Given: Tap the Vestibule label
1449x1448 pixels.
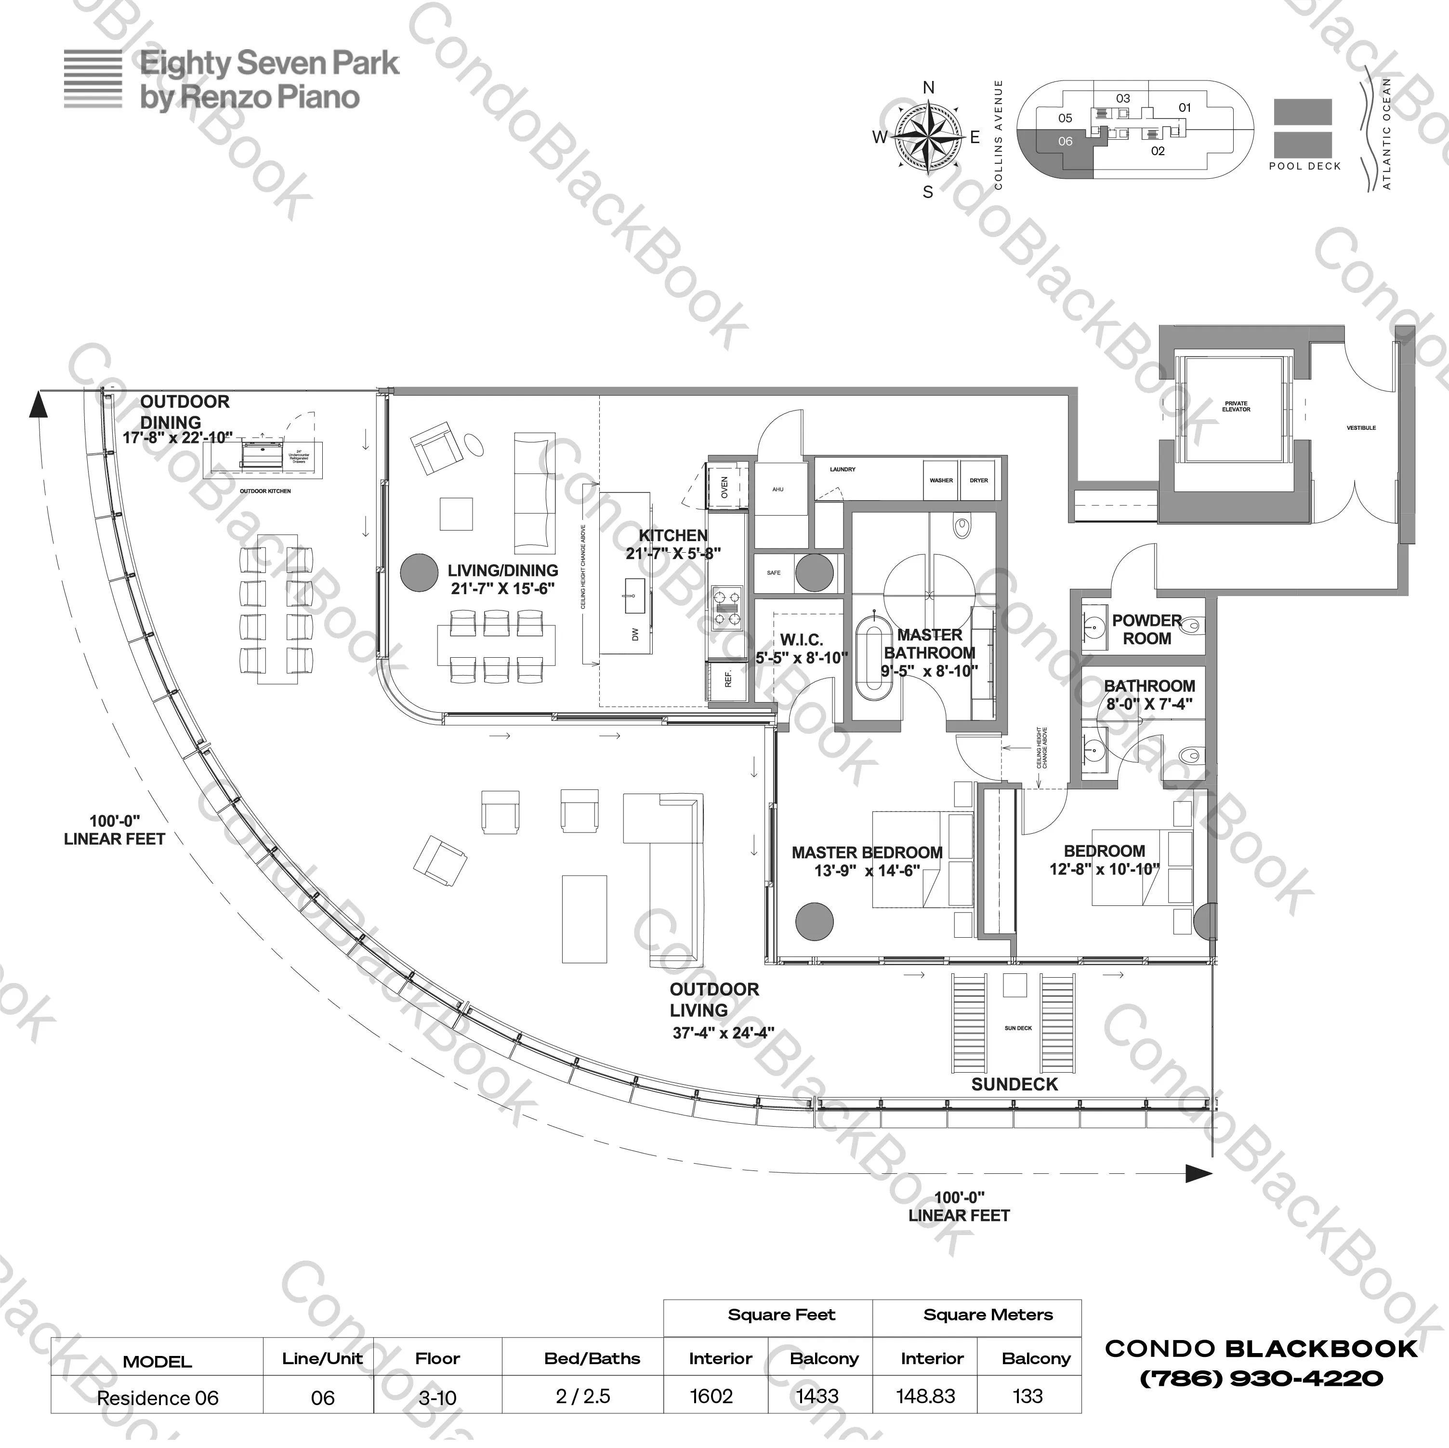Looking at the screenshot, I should coord(1361,427).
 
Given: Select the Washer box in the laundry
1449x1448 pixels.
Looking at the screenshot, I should coord(941,480).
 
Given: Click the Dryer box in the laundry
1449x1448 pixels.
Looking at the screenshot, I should coord(979,480).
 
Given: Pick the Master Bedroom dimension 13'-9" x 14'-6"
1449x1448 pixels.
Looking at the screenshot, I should coord(867,871).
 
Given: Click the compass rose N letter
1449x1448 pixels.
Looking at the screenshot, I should coord(928,88).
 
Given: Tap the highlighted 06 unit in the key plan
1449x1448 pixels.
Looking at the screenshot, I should coord(1065,142).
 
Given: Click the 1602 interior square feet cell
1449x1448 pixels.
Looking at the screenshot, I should coord(711,1396).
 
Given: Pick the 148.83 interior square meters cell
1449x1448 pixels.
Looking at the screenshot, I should coord(925,1396).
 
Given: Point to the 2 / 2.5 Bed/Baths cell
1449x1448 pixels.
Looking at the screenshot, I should coord(583,1396).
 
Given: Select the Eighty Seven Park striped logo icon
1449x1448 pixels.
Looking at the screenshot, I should coord(93,79).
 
